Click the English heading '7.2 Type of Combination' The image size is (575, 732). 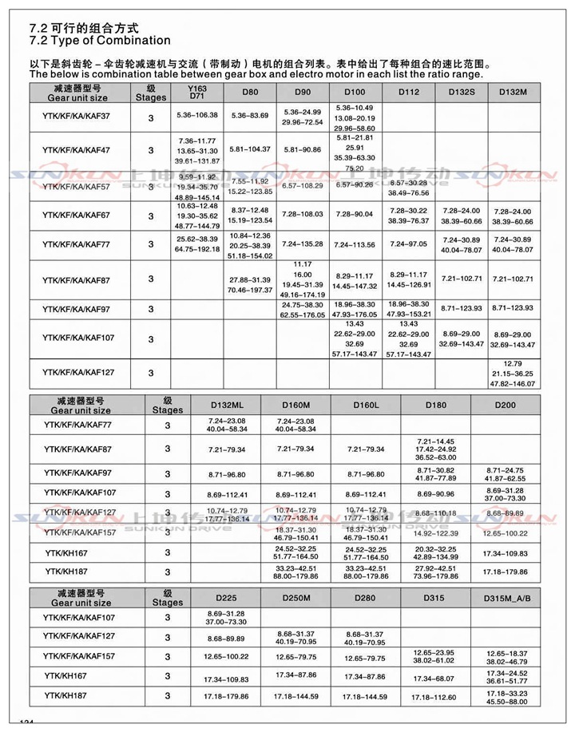[99, 41]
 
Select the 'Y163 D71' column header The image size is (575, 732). [196, 92]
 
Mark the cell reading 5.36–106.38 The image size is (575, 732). [196, 117]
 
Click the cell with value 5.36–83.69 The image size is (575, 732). [249, 117]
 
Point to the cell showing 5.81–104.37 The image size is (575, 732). [249, 150]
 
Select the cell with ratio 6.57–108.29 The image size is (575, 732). [302, 185]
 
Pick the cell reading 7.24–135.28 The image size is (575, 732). [302, 244]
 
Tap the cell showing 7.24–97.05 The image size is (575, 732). [407, 244]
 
